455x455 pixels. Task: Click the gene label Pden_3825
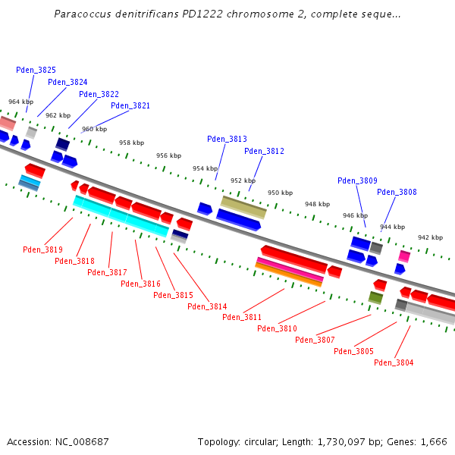36,70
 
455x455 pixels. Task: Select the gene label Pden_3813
227,139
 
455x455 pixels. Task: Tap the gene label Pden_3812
264,151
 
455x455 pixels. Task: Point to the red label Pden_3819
42,249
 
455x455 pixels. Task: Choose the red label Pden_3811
242,317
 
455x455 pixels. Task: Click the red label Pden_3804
394,362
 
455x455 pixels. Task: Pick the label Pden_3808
397,192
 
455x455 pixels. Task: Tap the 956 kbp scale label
168,155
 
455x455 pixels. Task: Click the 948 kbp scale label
317,204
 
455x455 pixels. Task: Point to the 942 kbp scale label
430,237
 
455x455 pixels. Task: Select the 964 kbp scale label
20,102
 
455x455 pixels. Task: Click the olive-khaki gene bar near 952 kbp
243,206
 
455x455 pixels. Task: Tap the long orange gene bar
290,274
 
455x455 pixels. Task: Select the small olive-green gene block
375,297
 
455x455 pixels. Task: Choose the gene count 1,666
431,441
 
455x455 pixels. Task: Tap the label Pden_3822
99,94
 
